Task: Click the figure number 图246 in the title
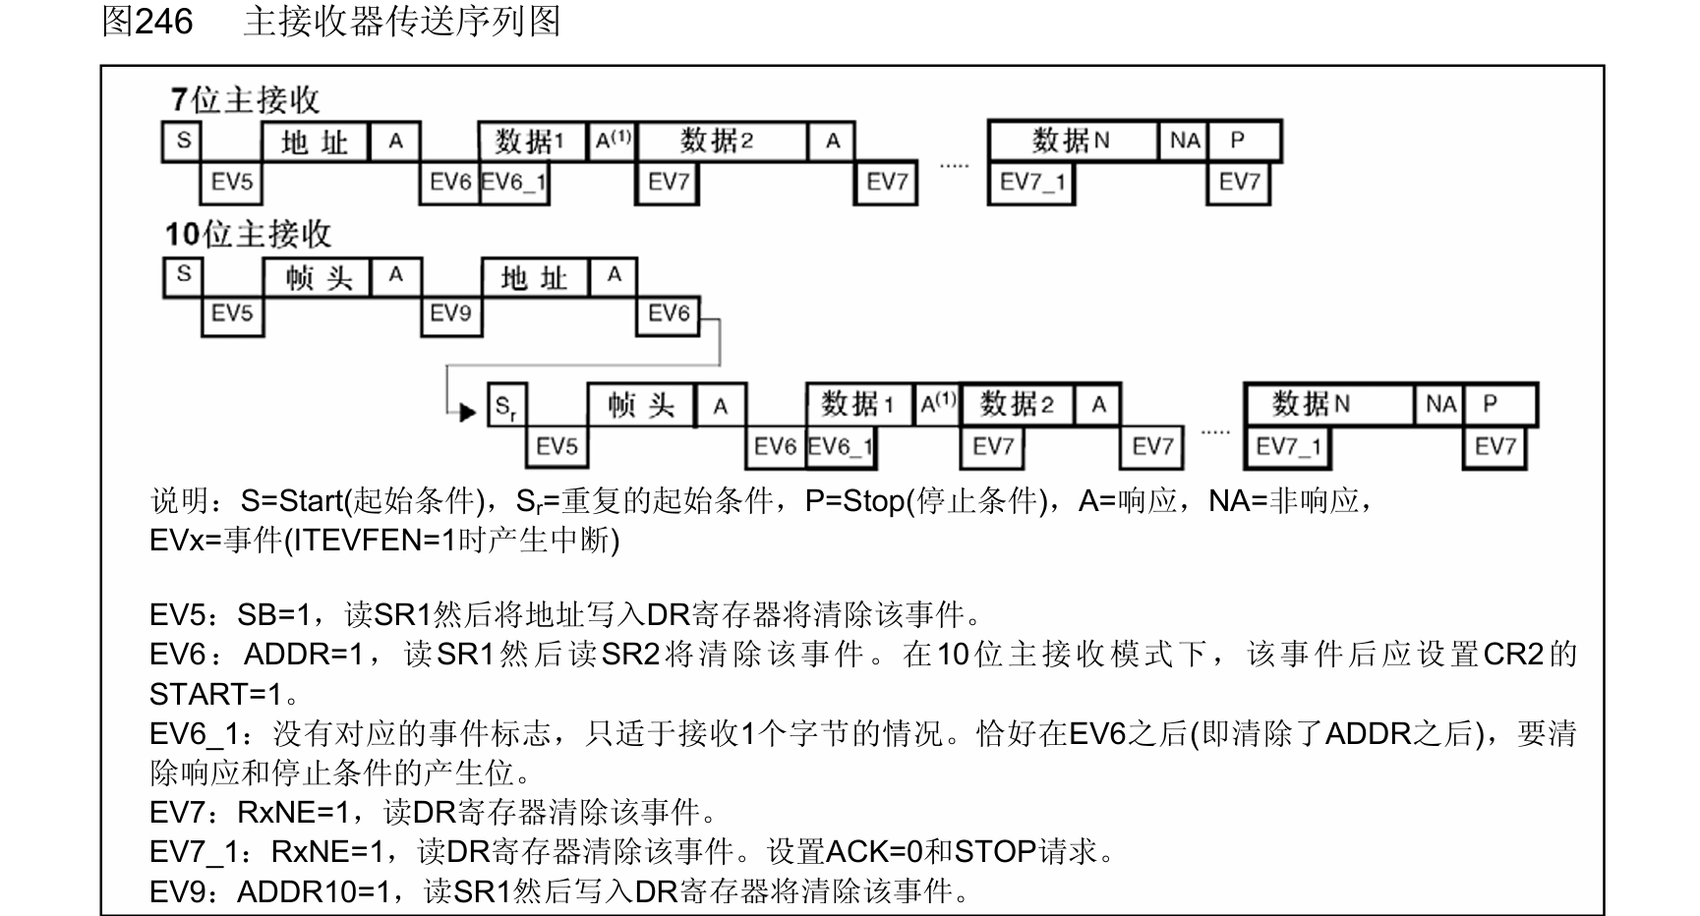click(x=147, y=22)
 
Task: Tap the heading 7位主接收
click(x=245, y=100)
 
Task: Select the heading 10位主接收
click(x=248, y=234)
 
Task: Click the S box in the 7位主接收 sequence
click(x=183, y=142)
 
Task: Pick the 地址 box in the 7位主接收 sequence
click(x=315, y=143)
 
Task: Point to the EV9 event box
click(x=451, y=314)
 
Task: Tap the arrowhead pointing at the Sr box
click(x=468, y=412)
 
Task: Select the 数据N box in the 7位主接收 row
click(x=1071, y=142)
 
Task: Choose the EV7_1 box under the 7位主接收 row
click(x=1031, y=182)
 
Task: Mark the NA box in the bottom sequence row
click(x=1440, y=404)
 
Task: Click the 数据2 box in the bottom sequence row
click(x=1017, y=404)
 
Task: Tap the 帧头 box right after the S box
click(x=318, y=278)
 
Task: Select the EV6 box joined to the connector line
click(x=669, y=314)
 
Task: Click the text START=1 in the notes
click(x=215, y=695)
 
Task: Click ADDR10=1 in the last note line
click(x=320, y=891)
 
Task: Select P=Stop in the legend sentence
click(x=854, y=501)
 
